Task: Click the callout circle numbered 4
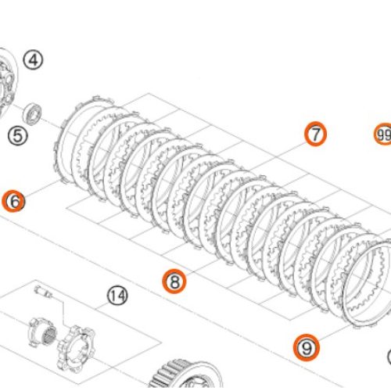[34, 59]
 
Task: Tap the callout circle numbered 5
[17, 135]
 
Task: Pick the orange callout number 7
[314, 135]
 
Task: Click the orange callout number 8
[173, 280]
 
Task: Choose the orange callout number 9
[306, 346]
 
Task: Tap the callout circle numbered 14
[117, 296]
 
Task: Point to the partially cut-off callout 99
[382, 135]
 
